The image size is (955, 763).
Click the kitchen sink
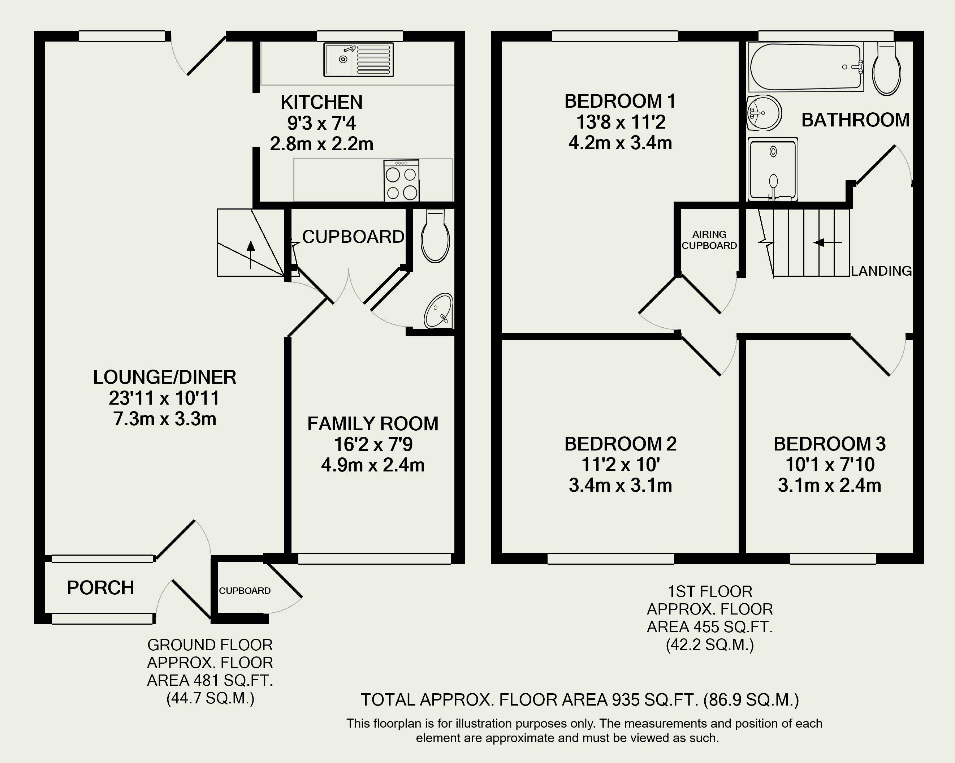coord(358,59)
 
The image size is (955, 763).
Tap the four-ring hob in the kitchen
coord(402,180)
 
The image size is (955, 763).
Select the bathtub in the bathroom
coord(806,67)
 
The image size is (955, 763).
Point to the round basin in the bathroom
coord(764,113)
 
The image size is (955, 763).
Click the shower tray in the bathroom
coord(773,169)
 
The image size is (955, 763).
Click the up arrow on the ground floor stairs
coord(251,254)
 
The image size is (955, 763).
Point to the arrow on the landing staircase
coord(827,242)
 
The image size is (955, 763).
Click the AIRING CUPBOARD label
coord(709,240)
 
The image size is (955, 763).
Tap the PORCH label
coord(100,588)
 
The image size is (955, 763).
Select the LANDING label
coord(881,271)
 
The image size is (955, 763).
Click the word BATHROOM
coord(855,120)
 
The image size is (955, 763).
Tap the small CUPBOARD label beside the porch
coord(245,591)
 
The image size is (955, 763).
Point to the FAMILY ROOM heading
coord(373,424)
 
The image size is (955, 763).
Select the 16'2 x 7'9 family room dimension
coord(373,444)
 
